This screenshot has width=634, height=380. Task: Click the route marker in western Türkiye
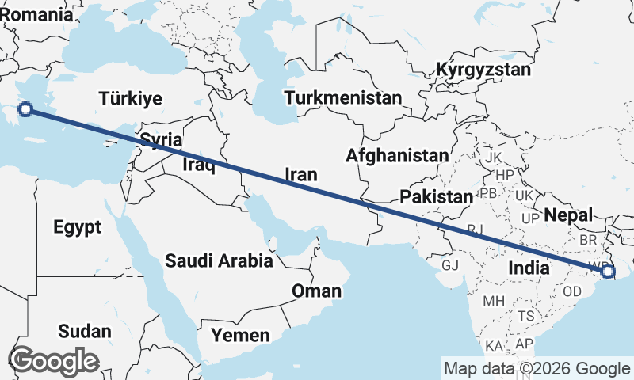point(25,110)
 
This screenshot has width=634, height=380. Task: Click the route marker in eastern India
point(607,272)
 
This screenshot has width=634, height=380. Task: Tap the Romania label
point(36,13)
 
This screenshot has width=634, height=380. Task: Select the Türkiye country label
point(131,99)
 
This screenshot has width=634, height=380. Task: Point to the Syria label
point(162,140)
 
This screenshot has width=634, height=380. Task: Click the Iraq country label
point(198,165)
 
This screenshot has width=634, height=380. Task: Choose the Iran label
point(300,175)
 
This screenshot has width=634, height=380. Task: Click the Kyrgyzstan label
point(483,70)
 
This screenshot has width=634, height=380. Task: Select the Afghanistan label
point(397,155)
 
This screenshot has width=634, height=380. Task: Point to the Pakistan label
point(436,196)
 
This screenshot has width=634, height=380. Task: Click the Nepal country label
point(569,215)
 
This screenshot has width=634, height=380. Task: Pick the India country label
point(529,268)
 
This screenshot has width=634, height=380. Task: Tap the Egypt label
point(78,228)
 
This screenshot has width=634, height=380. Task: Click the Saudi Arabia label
point(219,260)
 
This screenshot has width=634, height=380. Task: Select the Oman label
point(317,291)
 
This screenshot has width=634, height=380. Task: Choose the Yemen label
point(241,336)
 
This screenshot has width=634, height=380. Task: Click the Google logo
point(54,361)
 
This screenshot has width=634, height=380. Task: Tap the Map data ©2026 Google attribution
point(537,369)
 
